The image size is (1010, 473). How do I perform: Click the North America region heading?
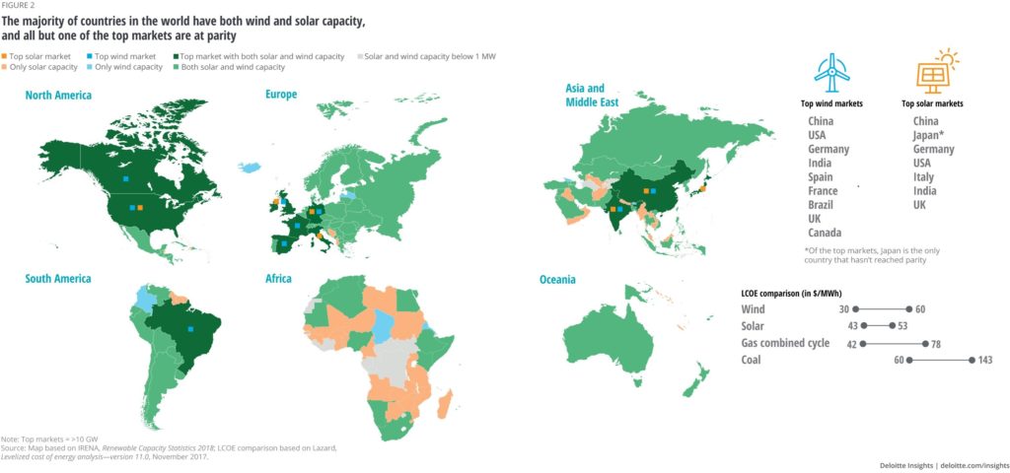pos(58,96)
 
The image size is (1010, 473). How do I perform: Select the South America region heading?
pos(58,279)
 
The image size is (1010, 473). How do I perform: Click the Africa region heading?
pos(278,279)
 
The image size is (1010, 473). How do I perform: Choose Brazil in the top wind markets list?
pos(822,204)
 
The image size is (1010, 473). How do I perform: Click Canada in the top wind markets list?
pos(825,233)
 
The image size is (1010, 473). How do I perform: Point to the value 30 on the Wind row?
pos(844,309)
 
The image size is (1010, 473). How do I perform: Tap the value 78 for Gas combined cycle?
pos(937,343)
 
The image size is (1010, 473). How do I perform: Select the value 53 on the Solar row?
pos(903,326)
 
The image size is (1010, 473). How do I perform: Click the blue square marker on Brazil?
pos(189,329)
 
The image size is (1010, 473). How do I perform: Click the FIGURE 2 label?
pos(18,6)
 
